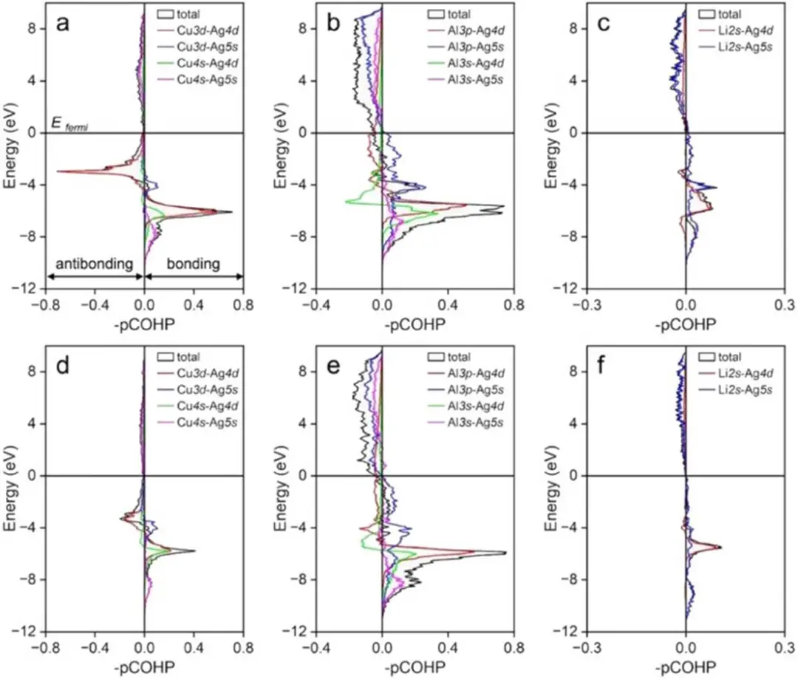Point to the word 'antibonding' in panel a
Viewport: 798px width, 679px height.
tap(95, 264)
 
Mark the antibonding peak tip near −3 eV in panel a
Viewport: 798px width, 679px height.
tap(58, 171)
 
